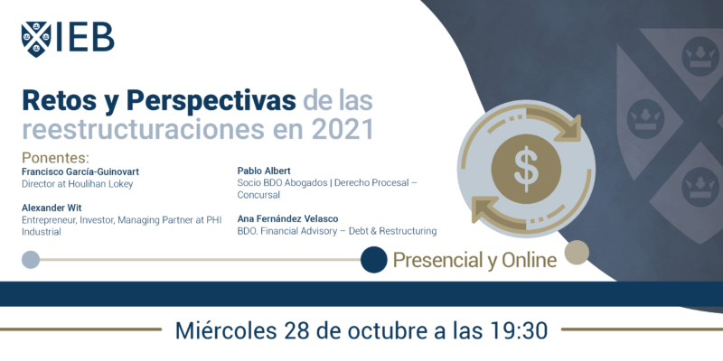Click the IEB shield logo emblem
36,39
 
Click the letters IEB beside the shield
85,37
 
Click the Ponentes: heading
55,158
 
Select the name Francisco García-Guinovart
80,171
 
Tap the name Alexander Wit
52,208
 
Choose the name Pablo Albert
264,171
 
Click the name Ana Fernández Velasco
287,219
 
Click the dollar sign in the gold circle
526,169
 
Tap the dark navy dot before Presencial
373,260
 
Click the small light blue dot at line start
31,260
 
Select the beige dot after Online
577,253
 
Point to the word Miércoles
224,330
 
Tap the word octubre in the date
396,330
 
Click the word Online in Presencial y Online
529,261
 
